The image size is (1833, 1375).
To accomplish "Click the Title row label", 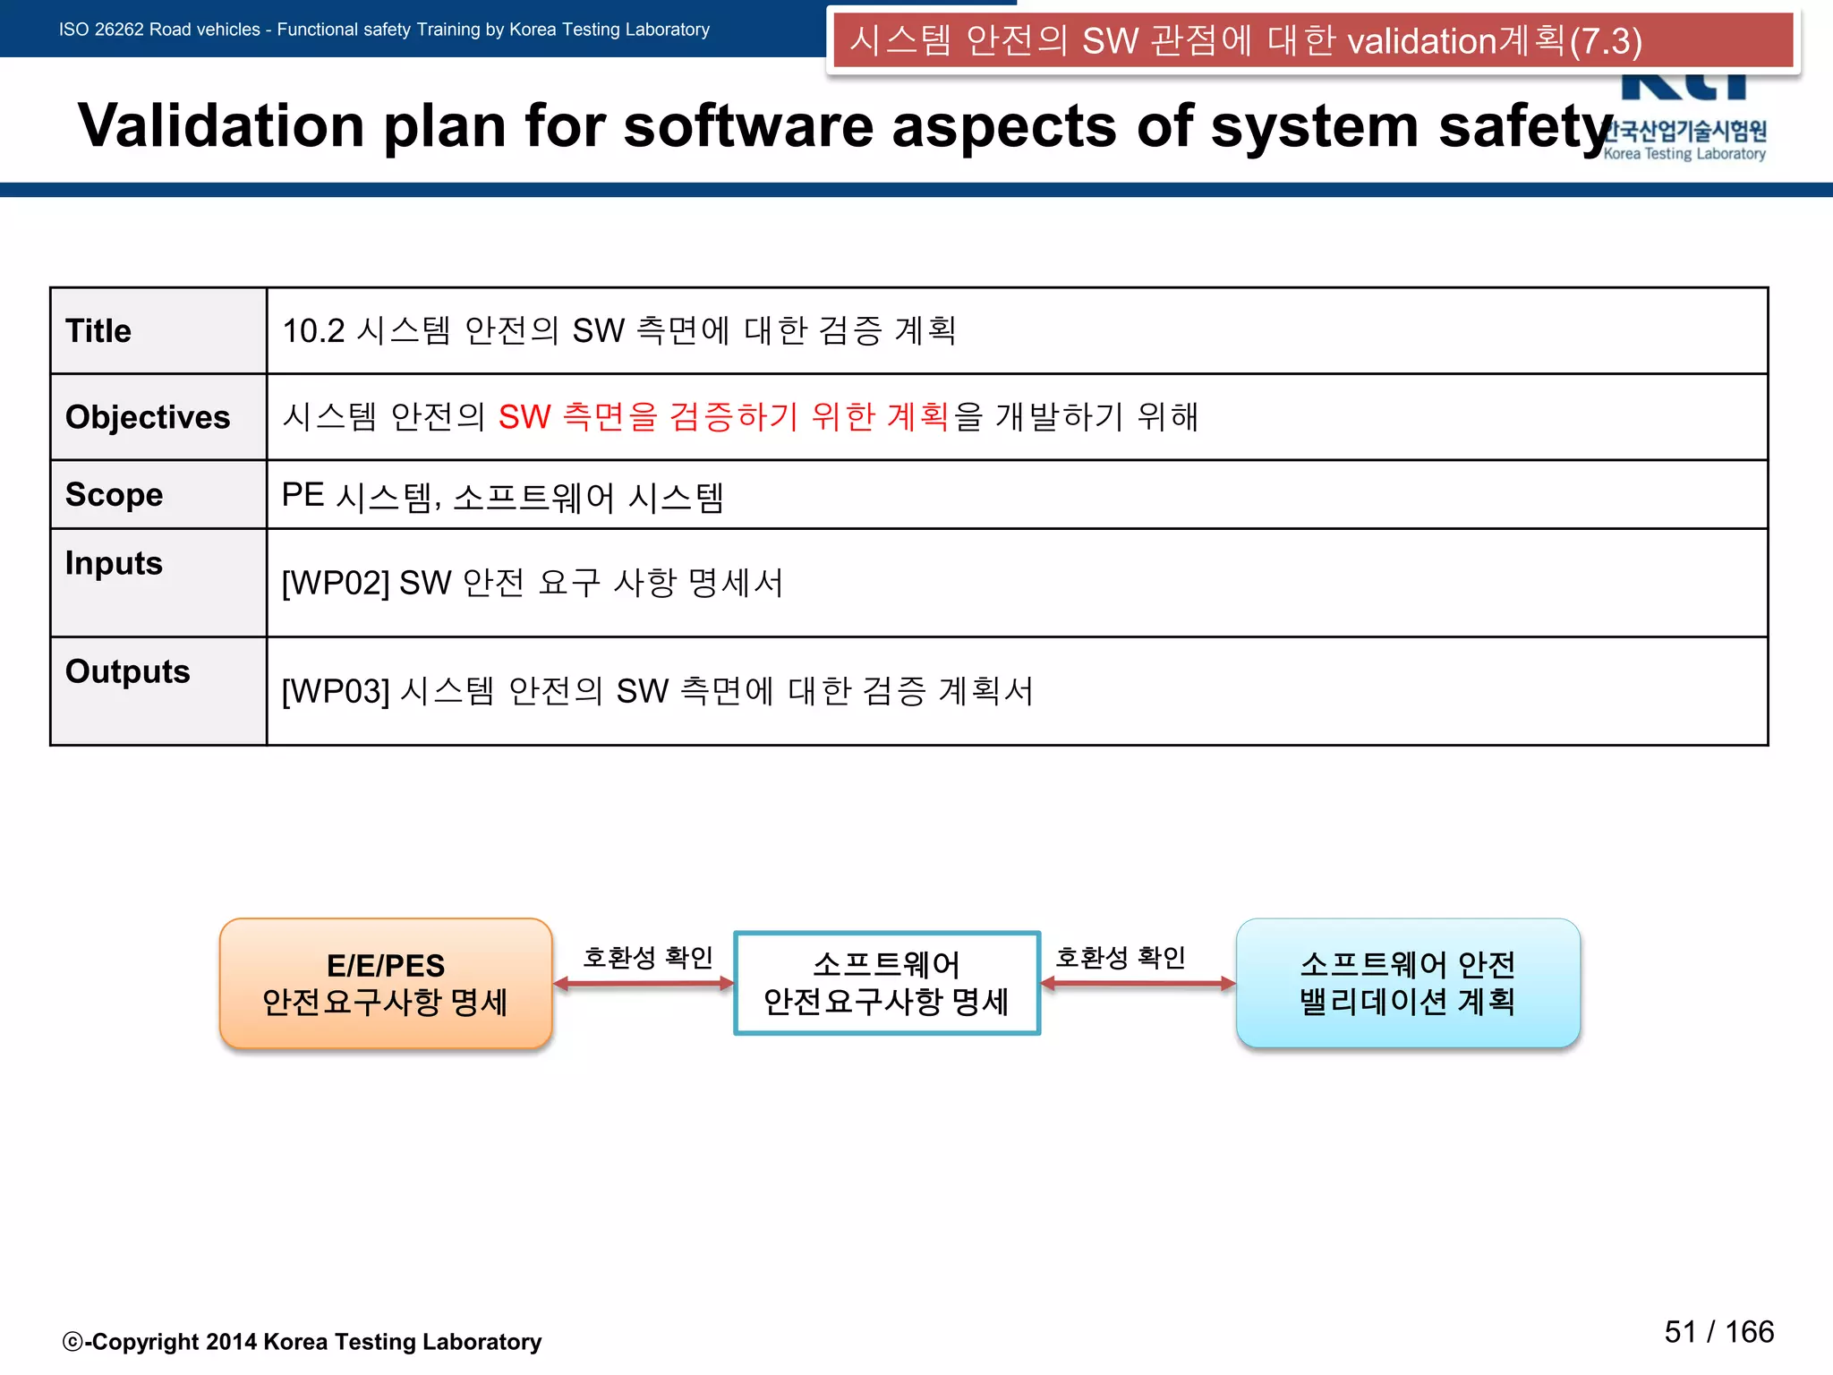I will pos(98,331).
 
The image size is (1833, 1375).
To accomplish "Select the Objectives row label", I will pos(148,418).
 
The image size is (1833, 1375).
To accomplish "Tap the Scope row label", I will pos(114,495).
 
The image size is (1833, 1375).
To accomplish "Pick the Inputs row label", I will pos(114,563).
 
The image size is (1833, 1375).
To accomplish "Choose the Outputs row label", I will pos(127,671).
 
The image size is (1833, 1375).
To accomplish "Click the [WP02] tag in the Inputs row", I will pos(336,584).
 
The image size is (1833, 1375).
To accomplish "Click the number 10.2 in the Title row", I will pos(313,331).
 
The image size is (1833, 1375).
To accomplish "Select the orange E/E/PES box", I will pos(386,983).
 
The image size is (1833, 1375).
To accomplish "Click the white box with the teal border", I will pos(886,983).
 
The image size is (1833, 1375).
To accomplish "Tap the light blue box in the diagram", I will pos(1408,983).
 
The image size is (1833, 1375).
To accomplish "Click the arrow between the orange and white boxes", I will pos(644,984).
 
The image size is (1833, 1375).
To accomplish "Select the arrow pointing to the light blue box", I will pos(1138,984).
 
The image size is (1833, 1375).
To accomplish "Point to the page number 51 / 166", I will pos(1718,1332).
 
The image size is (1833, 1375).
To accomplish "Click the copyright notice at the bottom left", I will pos(303,1342).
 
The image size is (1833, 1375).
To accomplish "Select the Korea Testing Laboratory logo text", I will pos(1684,154).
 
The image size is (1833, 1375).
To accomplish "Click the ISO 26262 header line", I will pos(384,30).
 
